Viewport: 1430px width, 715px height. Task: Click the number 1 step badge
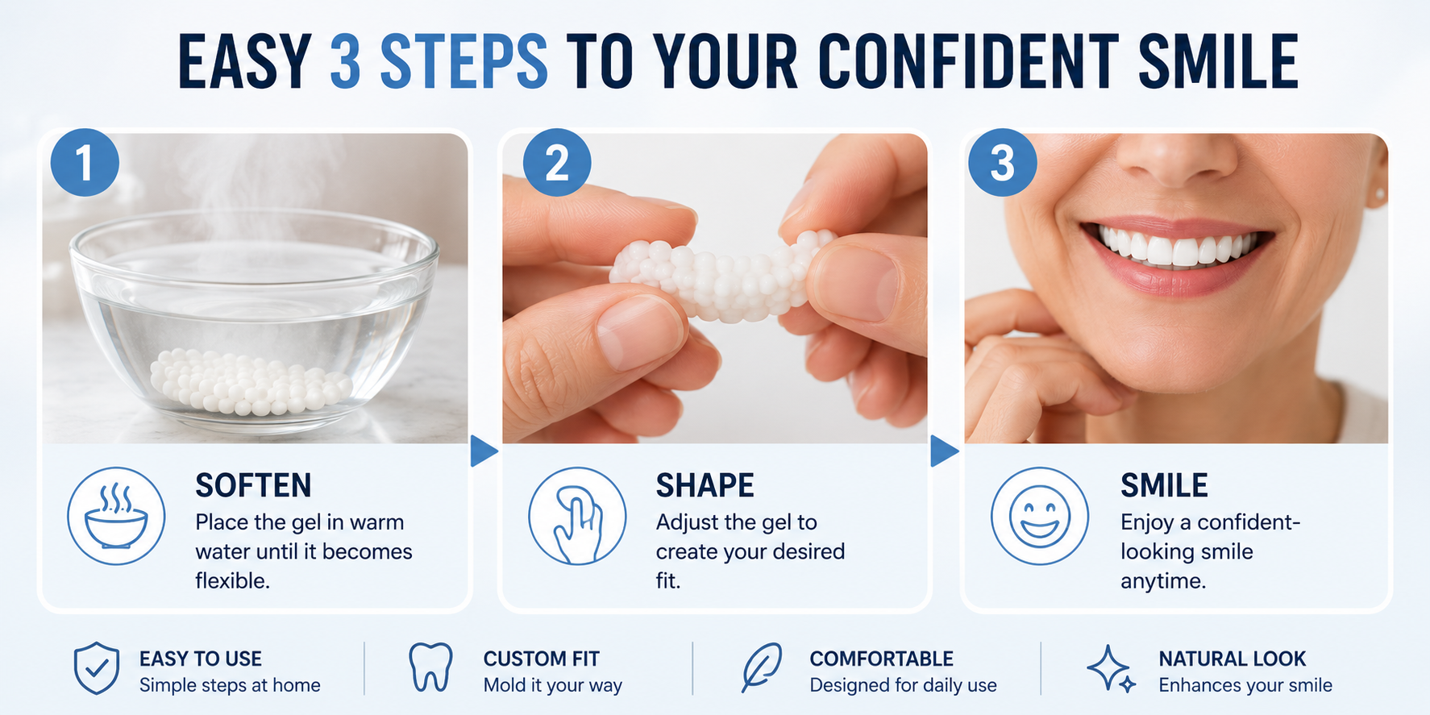pyautogui.click(x=85, y=162)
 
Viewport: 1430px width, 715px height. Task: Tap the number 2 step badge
pyautogui.click(x=557, y=162)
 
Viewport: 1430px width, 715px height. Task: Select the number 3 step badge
pyautogui.click(x=1002, y=162)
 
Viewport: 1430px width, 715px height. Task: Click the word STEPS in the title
pyautogui.click(x=463, y=61)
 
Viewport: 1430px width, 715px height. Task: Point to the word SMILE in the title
pyautogui.click(x=1217, y=61)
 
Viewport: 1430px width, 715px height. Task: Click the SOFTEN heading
pyautogui.click(x=253, y=485)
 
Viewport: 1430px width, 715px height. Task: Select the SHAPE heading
pyautogui.click(x=705, y=485)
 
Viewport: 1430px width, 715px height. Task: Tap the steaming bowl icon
pyautogui.click(x=116, y=516)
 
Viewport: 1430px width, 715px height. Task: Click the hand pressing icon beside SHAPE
pyautogui.click(x=577, y=516)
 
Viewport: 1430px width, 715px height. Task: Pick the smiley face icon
pyautogui.click(x=1040, y=516)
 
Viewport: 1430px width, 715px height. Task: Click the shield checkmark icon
pyautogui.click(x=97, y=668)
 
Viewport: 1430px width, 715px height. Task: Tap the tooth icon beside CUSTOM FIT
pyautogui.click(x=430, y=667)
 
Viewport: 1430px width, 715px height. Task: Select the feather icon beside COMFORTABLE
pyautogui.click(x=761, y=667)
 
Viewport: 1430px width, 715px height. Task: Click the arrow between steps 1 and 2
pyautogui.click(x=483, y=451)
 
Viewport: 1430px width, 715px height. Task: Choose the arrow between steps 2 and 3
pyautogui.click(x=944, y=451)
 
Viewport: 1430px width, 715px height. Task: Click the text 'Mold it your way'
pyautogui.click(x=553, y=685)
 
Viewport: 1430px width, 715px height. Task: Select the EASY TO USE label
pyautogui.click(x=201, y=659)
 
